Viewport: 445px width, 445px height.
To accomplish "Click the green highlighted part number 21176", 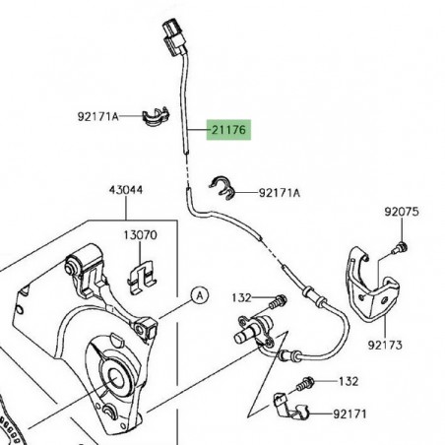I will pyautogui.click(x=226, y=129).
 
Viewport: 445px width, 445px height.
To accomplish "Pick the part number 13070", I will pyautogui.click(x=140, y=236).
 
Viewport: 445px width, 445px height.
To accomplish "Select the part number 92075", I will pyautogui.click(x=401, y=211).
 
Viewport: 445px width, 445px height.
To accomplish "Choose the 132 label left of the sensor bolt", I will pyautogui.click(x=242, y=297).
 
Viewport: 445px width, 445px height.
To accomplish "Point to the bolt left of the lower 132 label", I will pyautogui.click(x=308, y=381).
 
